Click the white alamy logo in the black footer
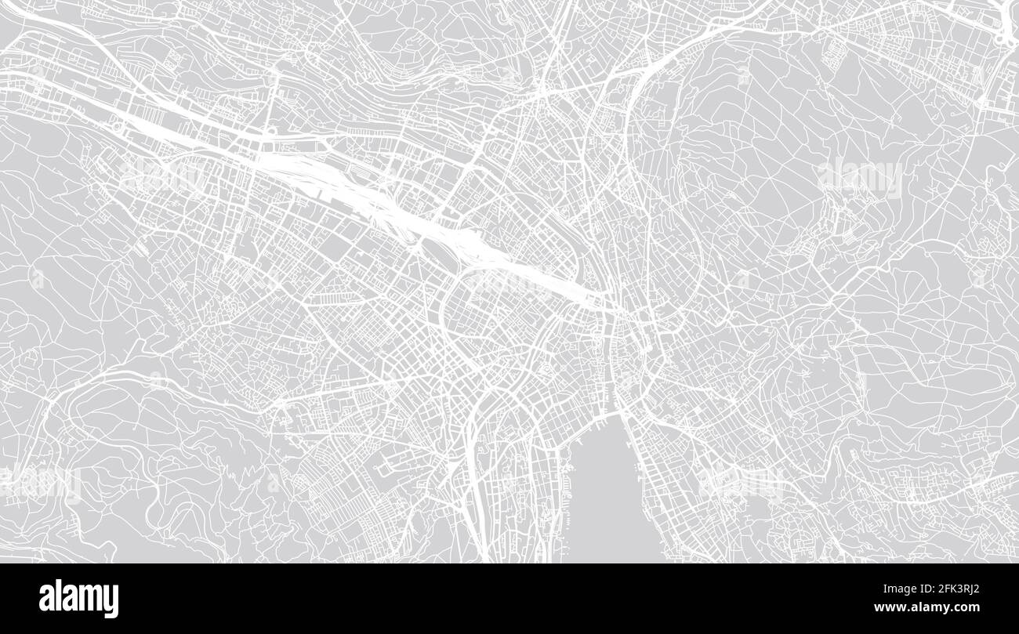pyautogui.click(x=78, y=599)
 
